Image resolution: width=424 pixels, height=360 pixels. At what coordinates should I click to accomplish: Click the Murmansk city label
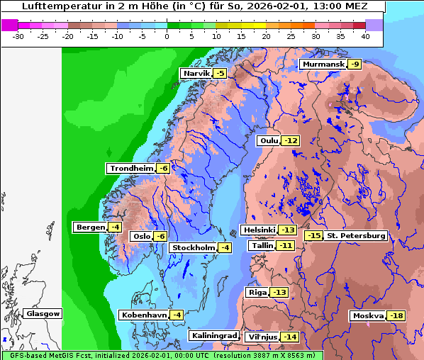(323, 64)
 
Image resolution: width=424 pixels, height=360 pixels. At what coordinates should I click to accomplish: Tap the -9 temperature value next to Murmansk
(355, 64)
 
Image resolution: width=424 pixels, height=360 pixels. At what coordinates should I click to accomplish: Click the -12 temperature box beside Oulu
(291, 141)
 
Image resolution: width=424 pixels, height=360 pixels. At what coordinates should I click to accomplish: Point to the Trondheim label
(131, 169)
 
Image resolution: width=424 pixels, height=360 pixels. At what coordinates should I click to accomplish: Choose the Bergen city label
(89, 227)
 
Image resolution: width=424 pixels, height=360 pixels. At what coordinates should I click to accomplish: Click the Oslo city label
(141, 237)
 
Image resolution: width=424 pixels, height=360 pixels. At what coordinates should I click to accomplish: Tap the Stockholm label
(192, 247)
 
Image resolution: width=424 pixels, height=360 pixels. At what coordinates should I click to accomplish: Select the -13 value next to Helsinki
(287, 230)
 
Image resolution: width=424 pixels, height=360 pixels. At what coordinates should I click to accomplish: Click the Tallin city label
(262, 246)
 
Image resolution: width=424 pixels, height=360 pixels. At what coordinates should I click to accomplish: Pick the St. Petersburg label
(355, 236)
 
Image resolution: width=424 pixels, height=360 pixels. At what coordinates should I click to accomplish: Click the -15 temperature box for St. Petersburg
(313, 236)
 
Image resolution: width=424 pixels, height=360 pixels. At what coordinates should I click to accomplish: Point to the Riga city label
(256, 293)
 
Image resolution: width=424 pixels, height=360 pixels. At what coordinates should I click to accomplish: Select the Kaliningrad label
(213, 336)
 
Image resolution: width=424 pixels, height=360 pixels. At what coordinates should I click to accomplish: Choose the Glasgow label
(43, 314)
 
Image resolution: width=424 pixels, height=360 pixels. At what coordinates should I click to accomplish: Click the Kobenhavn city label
(144, 315)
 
